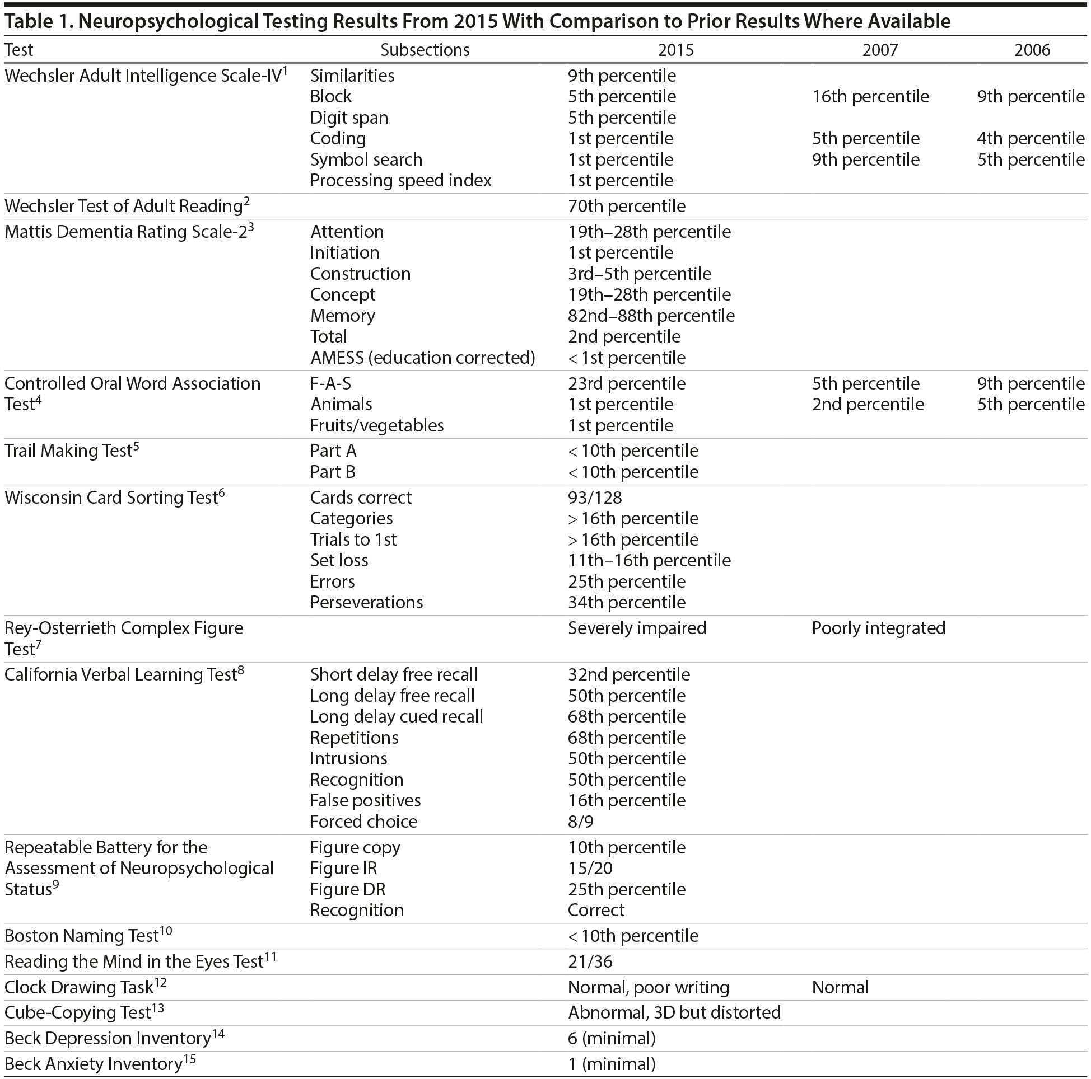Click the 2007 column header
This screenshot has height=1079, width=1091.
879,50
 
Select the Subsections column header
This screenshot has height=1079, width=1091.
425,50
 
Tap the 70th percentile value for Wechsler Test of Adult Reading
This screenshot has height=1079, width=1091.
626,206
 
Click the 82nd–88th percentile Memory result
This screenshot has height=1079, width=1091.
651,316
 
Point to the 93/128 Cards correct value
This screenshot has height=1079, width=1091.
595,497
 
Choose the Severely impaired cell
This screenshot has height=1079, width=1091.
636,628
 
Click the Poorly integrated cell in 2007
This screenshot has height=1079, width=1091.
878,628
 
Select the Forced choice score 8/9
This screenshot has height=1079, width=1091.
581,822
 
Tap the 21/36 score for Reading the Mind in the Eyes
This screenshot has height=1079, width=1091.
590,961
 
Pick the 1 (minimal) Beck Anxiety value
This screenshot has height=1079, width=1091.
612,1064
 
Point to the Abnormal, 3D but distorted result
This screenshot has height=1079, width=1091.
674,1012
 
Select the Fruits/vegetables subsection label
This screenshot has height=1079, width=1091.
377,425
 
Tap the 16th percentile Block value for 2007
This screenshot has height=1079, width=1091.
870,96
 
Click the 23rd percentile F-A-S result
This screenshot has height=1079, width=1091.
626,384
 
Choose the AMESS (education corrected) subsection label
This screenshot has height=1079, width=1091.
422,358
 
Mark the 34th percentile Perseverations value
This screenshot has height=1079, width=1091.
626,602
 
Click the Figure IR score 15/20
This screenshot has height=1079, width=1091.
590,868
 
